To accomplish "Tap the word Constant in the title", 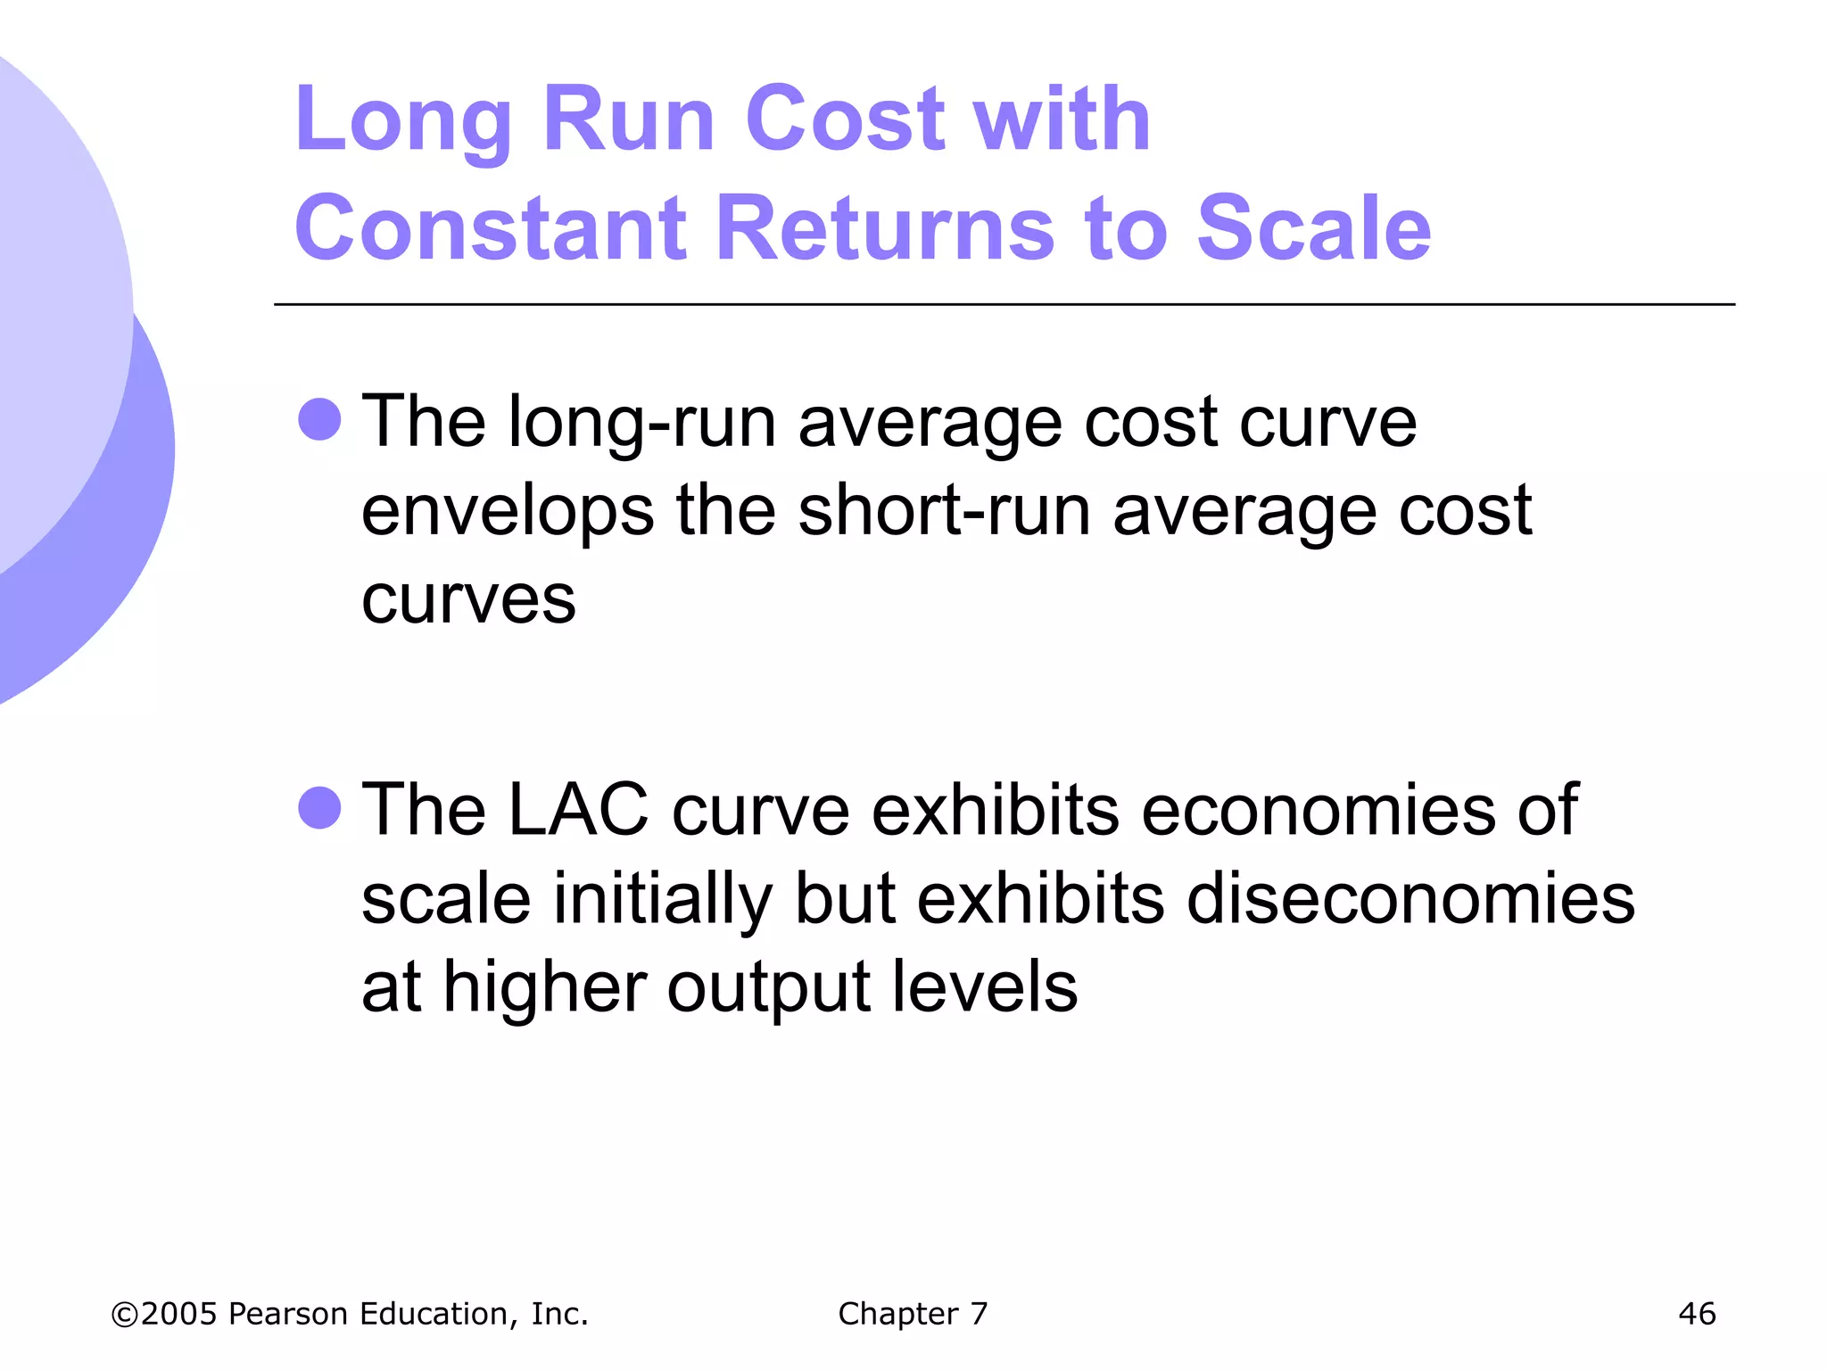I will (490, 228).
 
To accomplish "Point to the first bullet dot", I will (319, 419).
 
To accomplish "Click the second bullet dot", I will (319, 808).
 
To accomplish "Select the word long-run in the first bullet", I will (641, 423).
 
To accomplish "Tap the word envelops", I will (507, 512).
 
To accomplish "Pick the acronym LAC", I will (578, 810).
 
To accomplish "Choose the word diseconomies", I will (1410, 898).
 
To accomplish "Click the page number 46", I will (1696, 1313).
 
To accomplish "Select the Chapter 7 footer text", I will (913, 1313).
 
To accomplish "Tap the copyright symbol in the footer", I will (125, 1315).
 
